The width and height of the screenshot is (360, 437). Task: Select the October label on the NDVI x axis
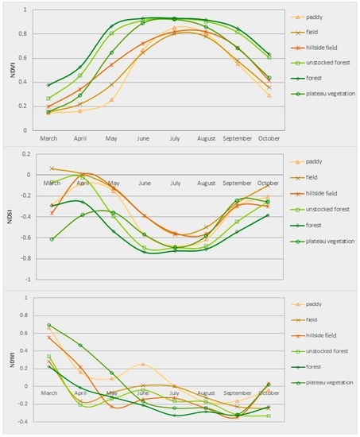(270, 138)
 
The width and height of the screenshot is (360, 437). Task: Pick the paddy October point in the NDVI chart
(270, 95)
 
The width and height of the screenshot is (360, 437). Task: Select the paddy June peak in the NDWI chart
(143, 364)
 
